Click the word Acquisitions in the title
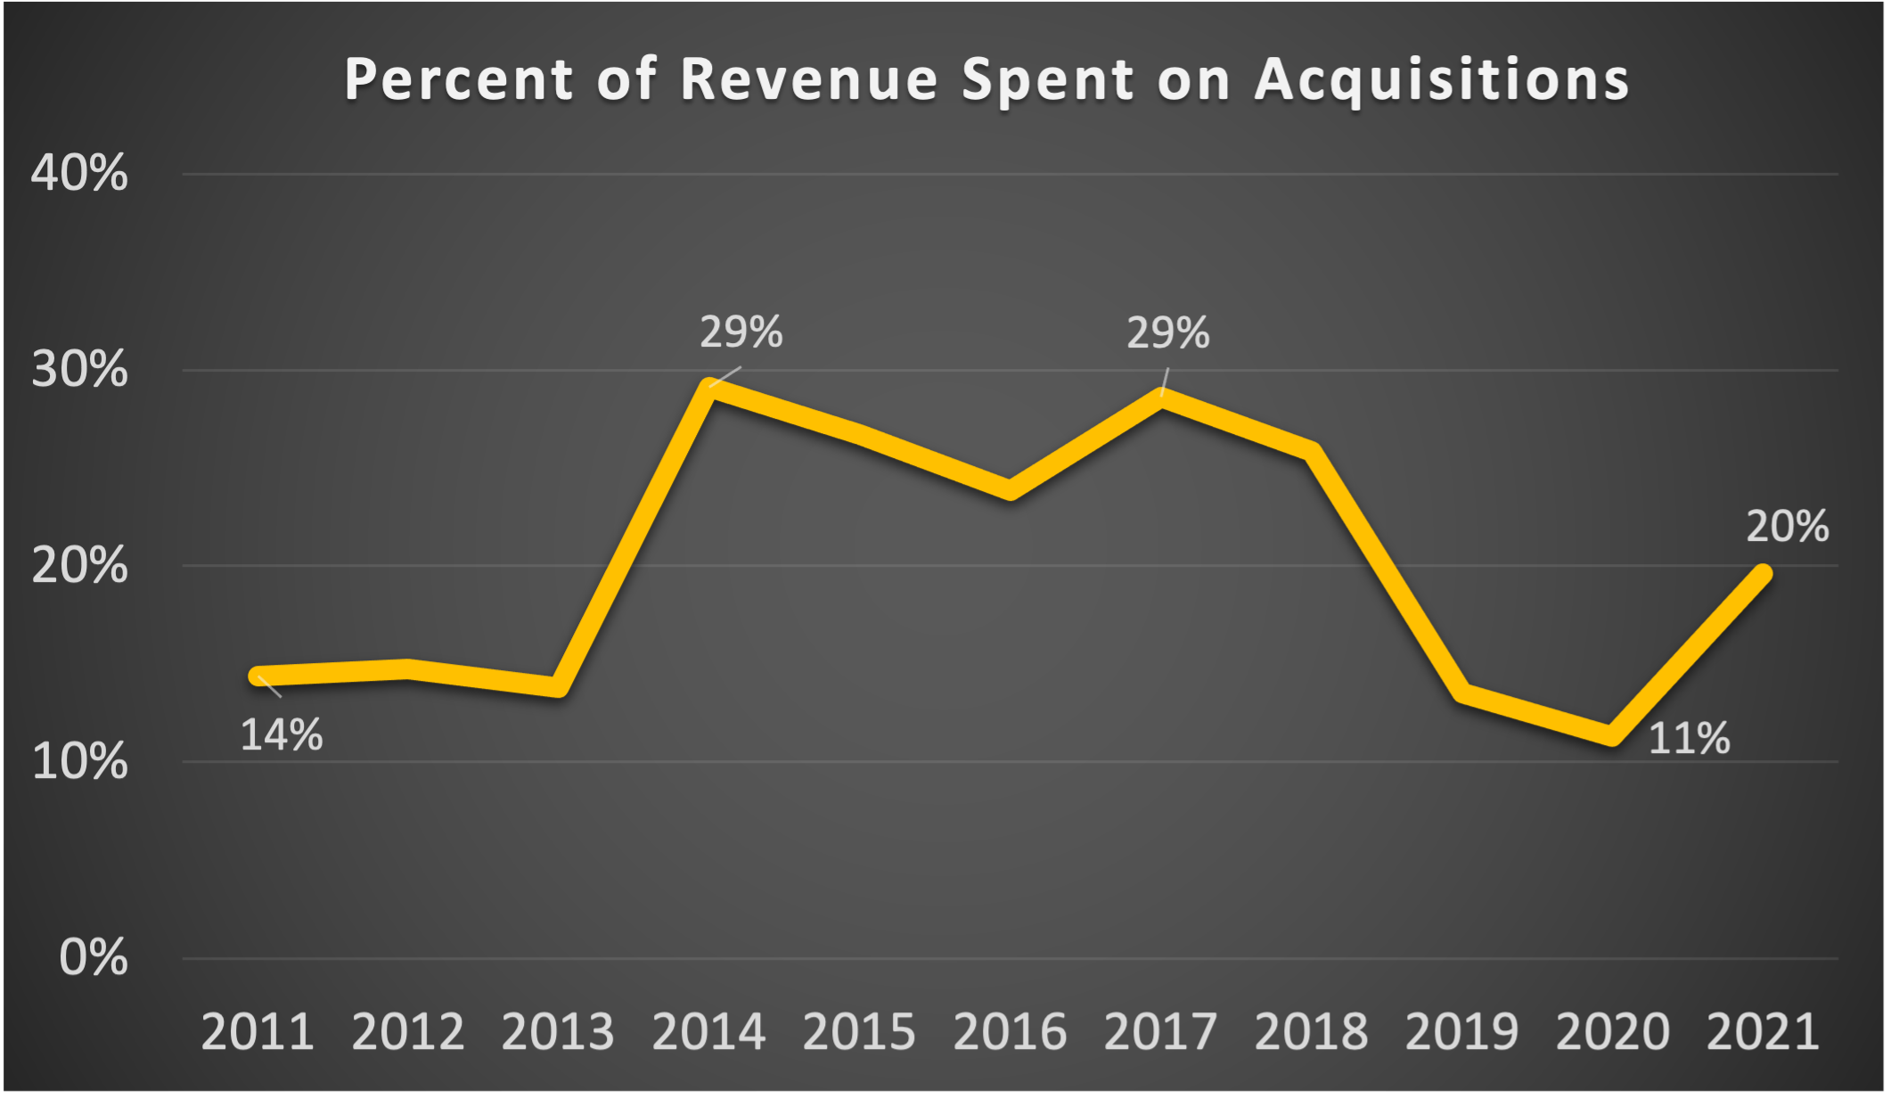click(x=1442, y=80)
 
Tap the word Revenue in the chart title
click(x=808, y=80)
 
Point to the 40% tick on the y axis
click(x=79, y=173)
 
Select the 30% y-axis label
click(x=79, y=369)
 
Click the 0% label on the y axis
click(x=93, y=958)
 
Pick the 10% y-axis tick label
click(x=79, y=762)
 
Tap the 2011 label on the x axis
click(x=258, y=1032)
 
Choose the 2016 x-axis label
click(x=1010, y=1032)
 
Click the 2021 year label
click(x=1763, y=1032)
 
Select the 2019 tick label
click(x=1461, y=1032)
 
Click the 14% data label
click(x=282, y=736)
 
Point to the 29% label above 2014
click(x=741, y=332)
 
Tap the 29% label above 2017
click(x=1167, y=333)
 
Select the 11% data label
click(x=1689, y=739)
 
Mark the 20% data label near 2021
click(x=1787, y=527)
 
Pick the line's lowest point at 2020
click(x=1612, y=735)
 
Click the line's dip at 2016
click(x=1010, y=489)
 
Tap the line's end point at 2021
click(x=1762, y=574)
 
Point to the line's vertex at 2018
click(x=1310, y=451)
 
